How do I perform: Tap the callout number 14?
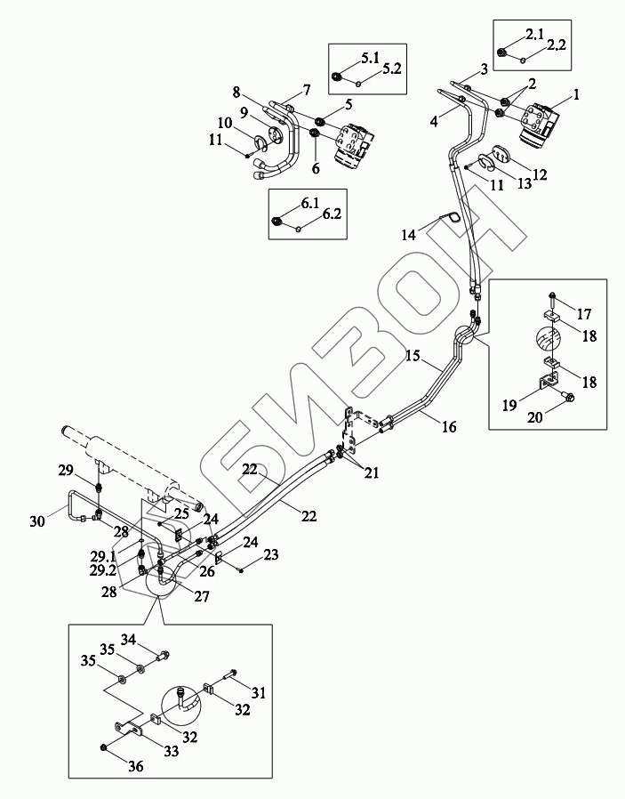pos(409,236)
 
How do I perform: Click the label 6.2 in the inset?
pos(332,214)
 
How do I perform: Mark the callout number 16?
pos(449,428)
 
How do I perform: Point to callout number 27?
pos(201,597)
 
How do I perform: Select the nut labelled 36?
pos(105,746)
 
